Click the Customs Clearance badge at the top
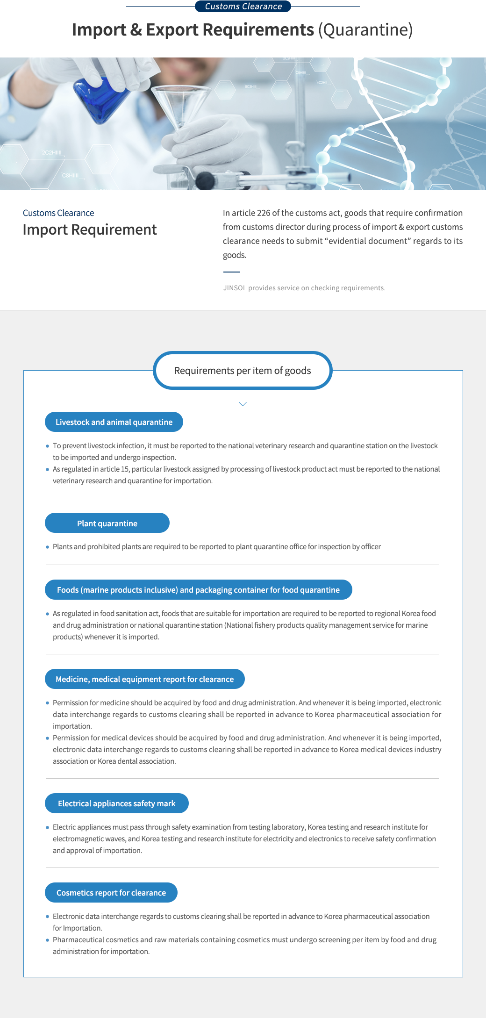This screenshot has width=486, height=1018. click(x=243, y=7)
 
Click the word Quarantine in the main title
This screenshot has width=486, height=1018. click(x=365, y=30)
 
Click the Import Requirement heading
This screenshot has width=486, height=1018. click(x=90, y=229)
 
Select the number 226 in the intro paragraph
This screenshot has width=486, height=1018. click(x=264, y=213)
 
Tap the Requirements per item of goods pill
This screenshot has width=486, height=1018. click(x=243, y=371)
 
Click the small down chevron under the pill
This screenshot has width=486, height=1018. click(x=243, y=404)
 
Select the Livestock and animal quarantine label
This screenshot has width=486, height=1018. click(x=114, y=422)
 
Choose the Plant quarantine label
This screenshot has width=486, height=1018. click(x=107, y=523)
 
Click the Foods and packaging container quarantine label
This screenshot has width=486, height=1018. click(x=198, y=590)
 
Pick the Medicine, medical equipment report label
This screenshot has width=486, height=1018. click(x=144, y=679)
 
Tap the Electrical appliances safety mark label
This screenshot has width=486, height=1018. click(x=116, y=803)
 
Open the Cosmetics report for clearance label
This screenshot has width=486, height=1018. click(x=111, y=893)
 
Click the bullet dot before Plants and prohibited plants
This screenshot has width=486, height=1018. click(x=48, y=547)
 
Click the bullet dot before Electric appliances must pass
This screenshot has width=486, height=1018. click(x=48, y=827)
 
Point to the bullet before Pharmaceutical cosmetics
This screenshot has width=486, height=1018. click(x=48, y=940)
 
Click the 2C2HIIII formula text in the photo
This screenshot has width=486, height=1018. click(x=51, y=153)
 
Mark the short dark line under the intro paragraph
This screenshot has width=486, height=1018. click(x=231, y=272)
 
